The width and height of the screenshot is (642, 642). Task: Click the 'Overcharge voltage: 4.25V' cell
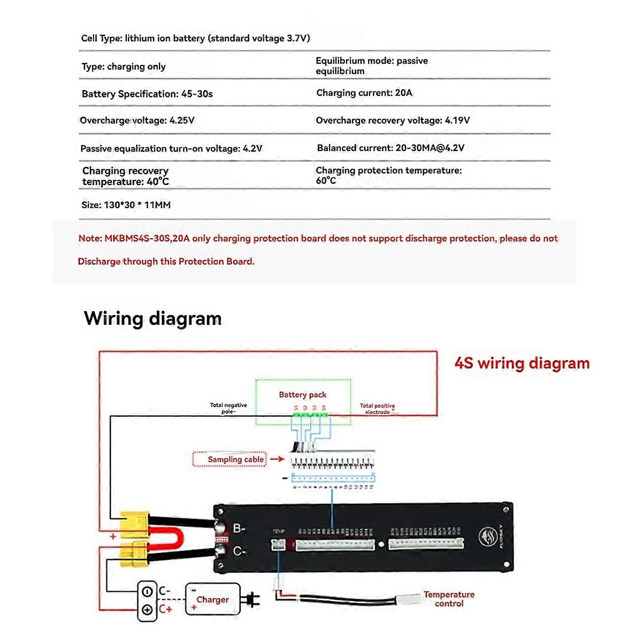[137, 120]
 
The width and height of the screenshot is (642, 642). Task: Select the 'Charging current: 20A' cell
[364, 93]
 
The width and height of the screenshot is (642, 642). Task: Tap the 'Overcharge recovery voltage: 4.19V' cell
[393, 120]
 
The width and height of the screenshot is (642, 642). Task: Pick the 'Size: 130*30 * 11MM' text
[126, 205]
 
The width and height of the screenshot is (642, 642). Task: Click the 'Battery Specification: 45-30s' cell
[147, 94]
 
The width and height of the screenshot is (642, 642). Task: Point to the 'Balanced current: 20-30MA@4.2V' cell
[391, 148]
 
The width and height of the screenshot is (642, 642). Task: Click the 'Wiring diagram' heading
[153, 318]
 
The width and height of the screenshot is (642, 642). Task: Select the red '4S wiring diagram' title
[522, 363]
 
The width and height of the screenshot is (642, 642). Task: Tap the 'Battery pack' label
[302, 395]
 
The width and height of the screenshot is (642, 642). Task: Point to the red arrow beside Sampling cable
[277, 459]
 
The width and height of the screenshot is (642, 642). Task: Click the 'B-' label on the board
[239, 529]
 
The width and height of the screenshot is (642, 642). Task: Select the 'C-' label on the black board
[239, 551]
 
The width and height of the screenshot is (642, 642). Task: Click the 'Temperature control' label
[449, 599]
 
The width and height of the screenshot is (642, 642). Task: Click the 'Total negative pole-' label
[228, 409]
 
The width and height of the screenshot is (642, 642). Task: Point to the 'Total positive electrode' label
[377, 409]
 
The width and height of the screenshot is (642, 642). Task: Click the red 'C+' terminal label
[165, 610]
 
